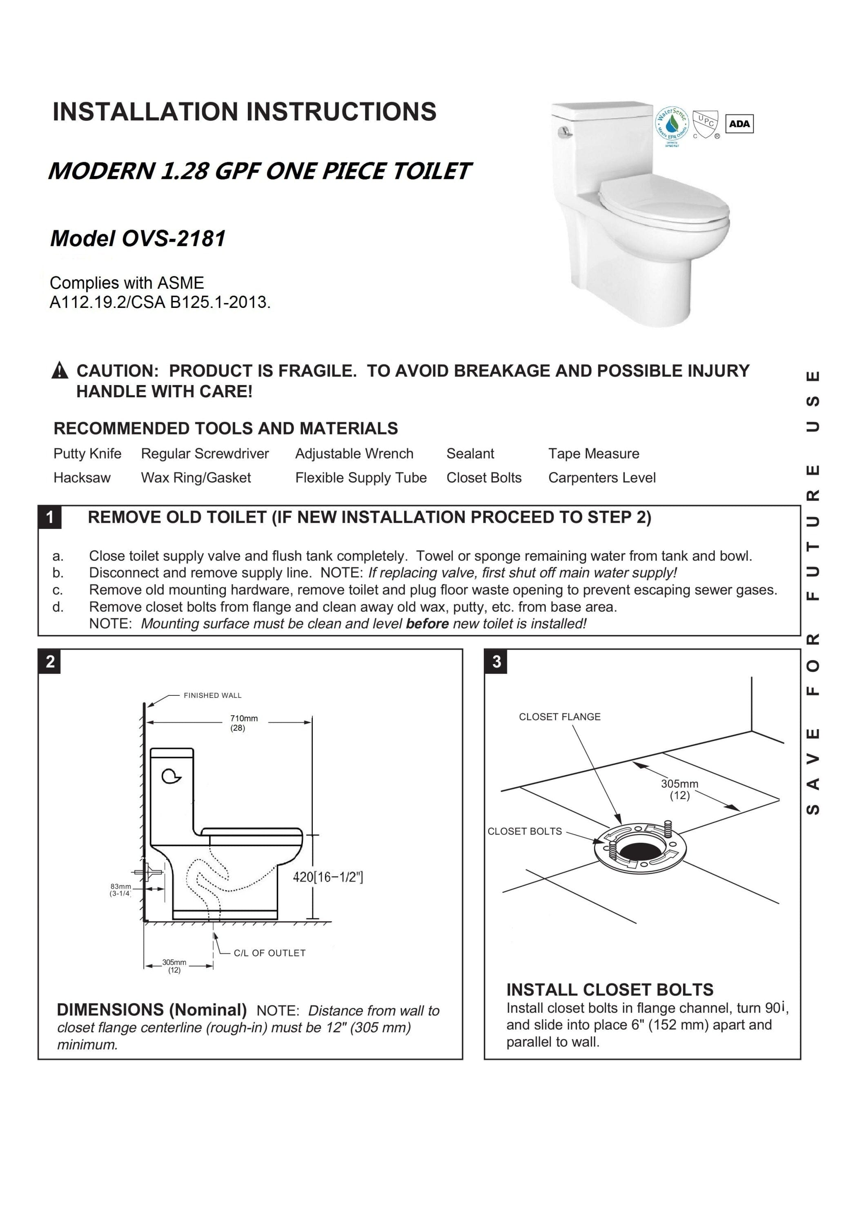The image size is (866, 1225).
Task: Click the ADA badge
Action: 739,124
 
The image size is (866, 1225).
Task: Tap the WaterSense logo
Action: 671,124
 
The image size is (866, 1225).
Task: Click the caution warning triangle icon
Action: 60,370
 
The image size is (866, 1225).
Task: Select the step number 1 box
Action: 50,517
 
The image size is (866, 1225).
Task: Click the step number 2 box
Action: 50,661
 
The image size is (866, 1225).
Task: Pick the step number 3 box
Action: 496,661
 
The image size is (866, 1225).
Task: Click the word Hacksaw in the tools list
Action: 82,477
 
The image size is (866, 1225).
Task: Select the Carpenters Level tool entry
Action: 602,477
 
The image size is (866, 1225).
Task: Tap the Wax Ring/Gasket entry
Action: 196,477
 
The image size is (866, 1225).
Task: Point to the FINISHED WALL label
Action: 212,695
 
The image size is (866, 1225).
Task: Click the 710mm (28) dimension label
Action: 244,723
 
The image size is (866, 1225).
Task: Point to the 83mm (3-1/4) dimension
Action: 120,890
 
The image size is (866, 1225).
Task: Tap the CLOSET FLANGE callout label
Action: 560,717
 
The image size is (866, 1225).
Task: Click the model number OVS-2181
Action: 174,238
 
